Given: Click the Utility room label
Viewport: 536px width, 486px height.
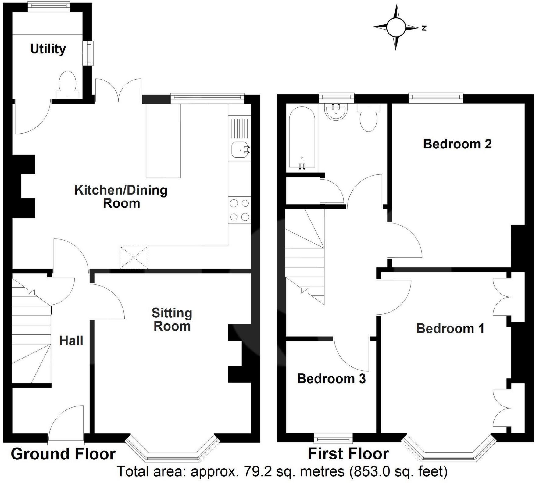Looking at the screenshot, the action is (x=48, y=49).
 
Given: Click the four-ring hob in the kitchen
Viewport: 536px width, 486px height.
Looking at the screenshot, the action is (x=240, y=210).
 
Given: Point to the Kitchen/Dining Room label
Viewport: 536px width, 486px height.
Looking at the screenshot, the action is (x=121, y=197).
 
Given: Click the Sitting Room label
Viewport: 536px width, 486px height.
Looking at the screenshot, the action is (x=172, y=320).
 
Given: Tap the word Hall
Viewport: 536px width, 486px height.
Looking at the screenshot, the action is (x=71, y=341).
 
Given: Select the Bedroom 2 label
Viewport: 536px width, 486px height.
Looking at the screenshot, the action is (x=457, y=144).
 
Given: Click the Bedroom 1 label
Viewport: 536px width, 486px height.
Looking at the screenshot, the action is (x=450, y=329).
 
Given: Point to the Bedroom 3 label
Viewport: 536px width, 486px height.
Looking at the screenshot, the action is (x=331, y=379).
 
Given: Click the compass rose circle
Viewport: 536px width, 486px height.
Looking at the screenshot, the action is (x=396, y=27).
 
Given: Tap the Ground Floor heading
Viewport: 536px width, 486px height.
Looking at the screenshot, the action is (x=63, y=454).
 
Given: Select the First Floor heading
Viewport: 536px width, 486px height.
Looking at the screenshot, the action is (x=348, y=454).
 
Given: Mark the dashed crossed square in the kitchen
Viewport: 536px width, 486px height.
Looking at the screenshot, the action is (x=134, y=257).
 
